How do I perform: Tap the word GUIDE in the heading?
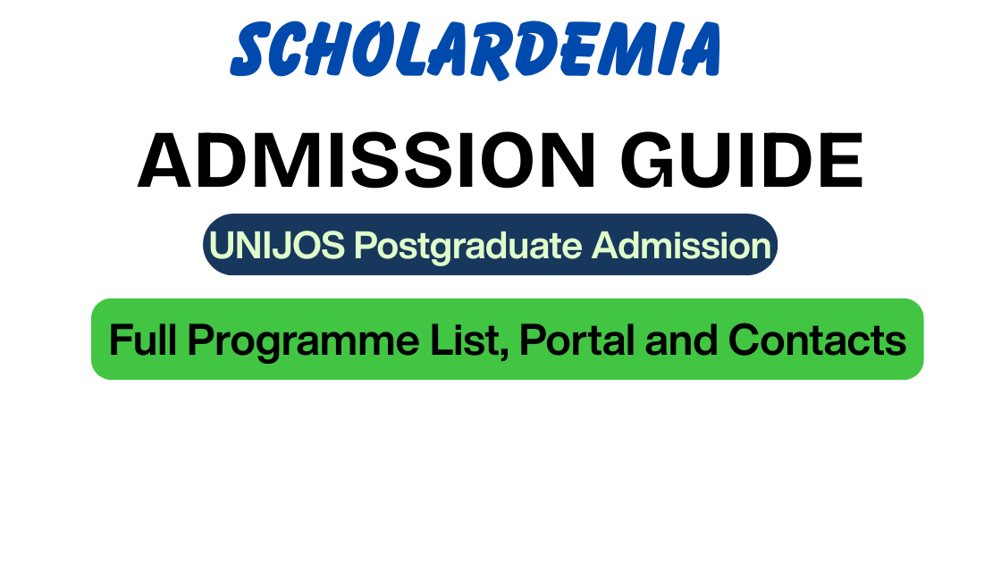[742, 160]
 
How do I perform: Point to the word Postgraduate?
[468, 247]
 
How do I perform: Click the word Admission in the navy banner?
[681, 245]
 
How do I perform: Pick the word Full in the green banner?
[143, 340]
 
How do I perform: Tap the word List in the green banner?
[465, 340]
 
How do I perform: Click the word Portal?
[576, 340]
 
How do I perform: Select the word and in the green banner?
[681, 340]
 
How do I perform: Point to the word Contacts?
[817, 340]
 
